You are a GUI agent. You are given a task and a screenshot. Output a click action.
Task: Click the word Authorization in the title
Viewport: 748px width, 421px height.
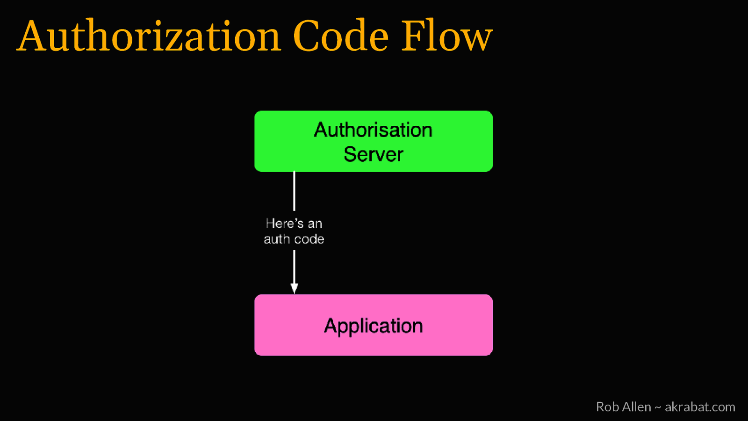pos(149,36)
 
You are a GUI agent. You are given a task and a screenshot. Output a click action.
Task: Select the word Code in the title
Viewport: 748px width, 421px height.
pos(341,36)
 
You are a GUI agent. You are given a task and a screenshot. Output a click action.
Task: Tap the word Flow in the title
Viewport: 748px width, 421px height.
pos(447,36)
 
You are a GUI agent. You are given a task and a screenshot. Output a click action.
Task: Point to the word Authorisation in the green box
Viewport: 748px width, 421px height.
pos(373,130)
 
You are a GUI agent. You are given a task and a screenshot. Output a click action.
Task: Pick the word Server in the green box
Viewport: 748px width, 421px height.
pos(373,154)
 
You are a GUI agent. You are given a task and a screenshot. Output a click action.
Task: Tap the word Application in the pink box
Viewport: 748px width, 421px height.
pos(373,326)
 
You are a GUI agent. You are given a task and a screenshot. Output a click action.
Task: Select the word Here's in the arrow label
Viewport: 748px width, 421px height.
pos(284,223)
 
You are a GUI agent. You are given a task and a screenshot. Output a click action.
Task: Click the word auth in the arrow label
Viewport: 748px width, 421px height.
pos(277,239)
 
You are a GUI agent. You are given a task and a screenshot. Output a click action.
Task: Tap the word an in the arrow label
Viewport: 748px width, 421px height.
pos(315,224)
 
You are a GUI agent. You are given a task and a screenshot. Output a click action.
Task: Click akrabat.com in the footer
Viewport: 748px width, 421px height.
pos(700,407)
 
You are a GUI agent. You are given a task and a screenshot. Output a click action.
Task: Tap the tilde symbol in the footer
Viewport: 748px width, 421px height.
pos(658,407)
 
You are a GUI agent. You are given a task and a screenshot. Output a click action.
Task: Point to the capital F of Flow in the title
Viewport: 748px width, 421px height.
pos(412,36)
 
